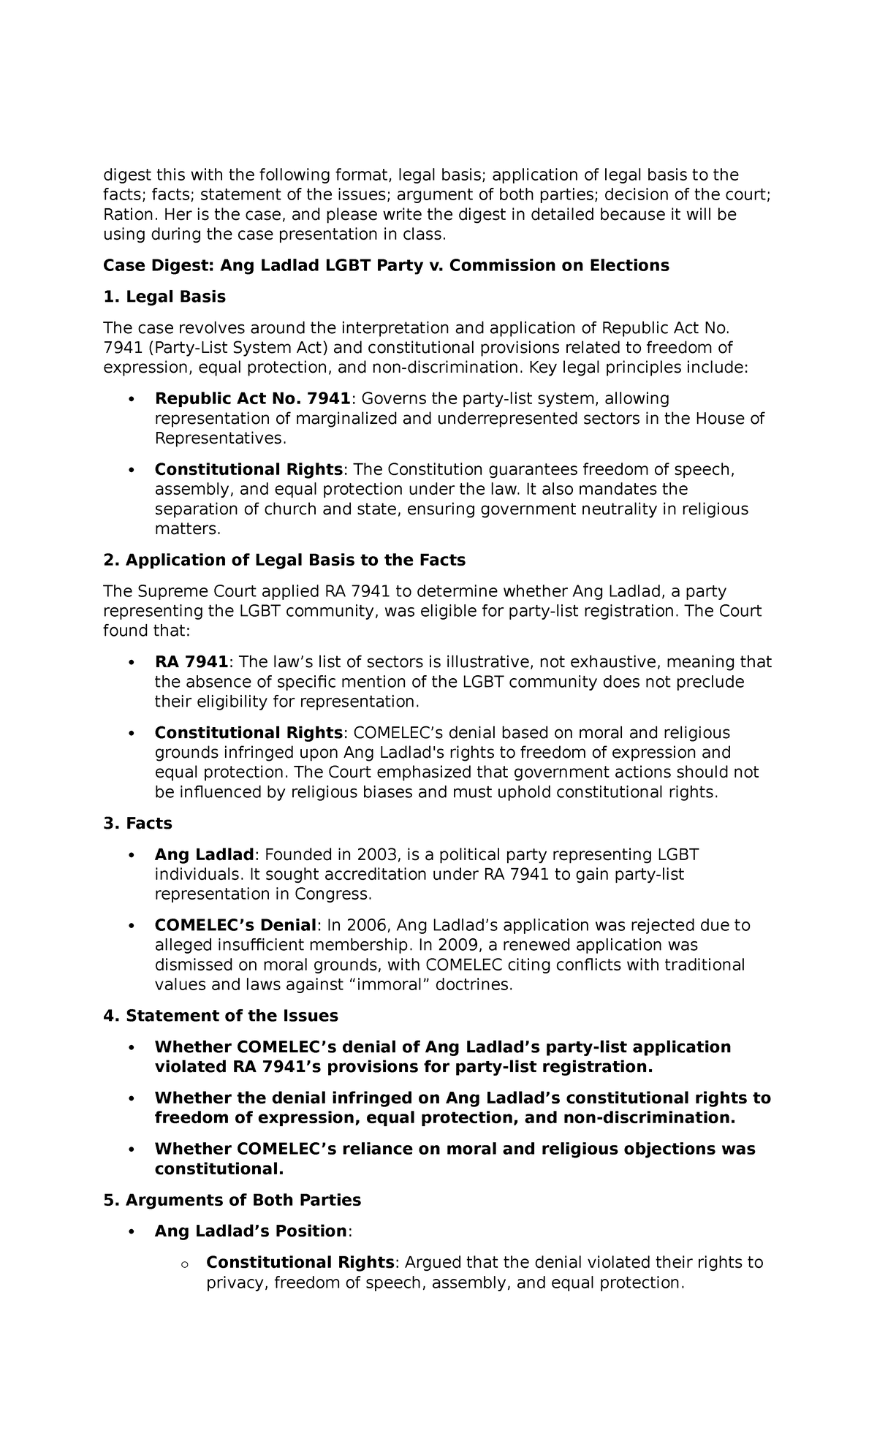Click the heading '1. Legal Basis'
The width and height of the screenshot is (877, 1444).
pyautogui.click(x=164, y=297)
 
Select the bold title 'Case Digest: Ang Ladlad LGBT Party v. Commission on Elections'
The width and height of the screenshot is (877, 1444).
pyautogui.click(x=386, y=265)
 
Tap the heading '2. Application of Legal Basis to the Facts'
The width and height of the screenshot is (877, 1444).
pyautogui.click(x=284, y=560)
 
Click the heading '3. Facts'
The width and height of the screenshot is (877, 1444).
pyautogui.click(x=137, y=824)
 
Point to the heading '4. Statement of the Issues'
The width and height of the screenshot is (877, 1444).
pyautogui.click(x=221, y=1016)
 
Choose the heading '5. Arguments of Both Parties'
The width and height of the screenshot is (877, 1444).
pyautogui.click(x=232, y=1200)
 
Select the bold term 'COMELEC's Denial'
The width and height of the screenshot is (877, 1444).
pyautogui.click(x=235, y=925)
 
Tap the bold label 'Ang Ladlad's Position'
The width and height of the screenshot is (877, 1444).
pyautogui.click(x=250, y=1231)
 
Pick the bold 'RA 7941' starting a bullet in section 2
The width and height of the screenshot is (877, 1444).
pyautogui.click(x=191, y=662)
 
